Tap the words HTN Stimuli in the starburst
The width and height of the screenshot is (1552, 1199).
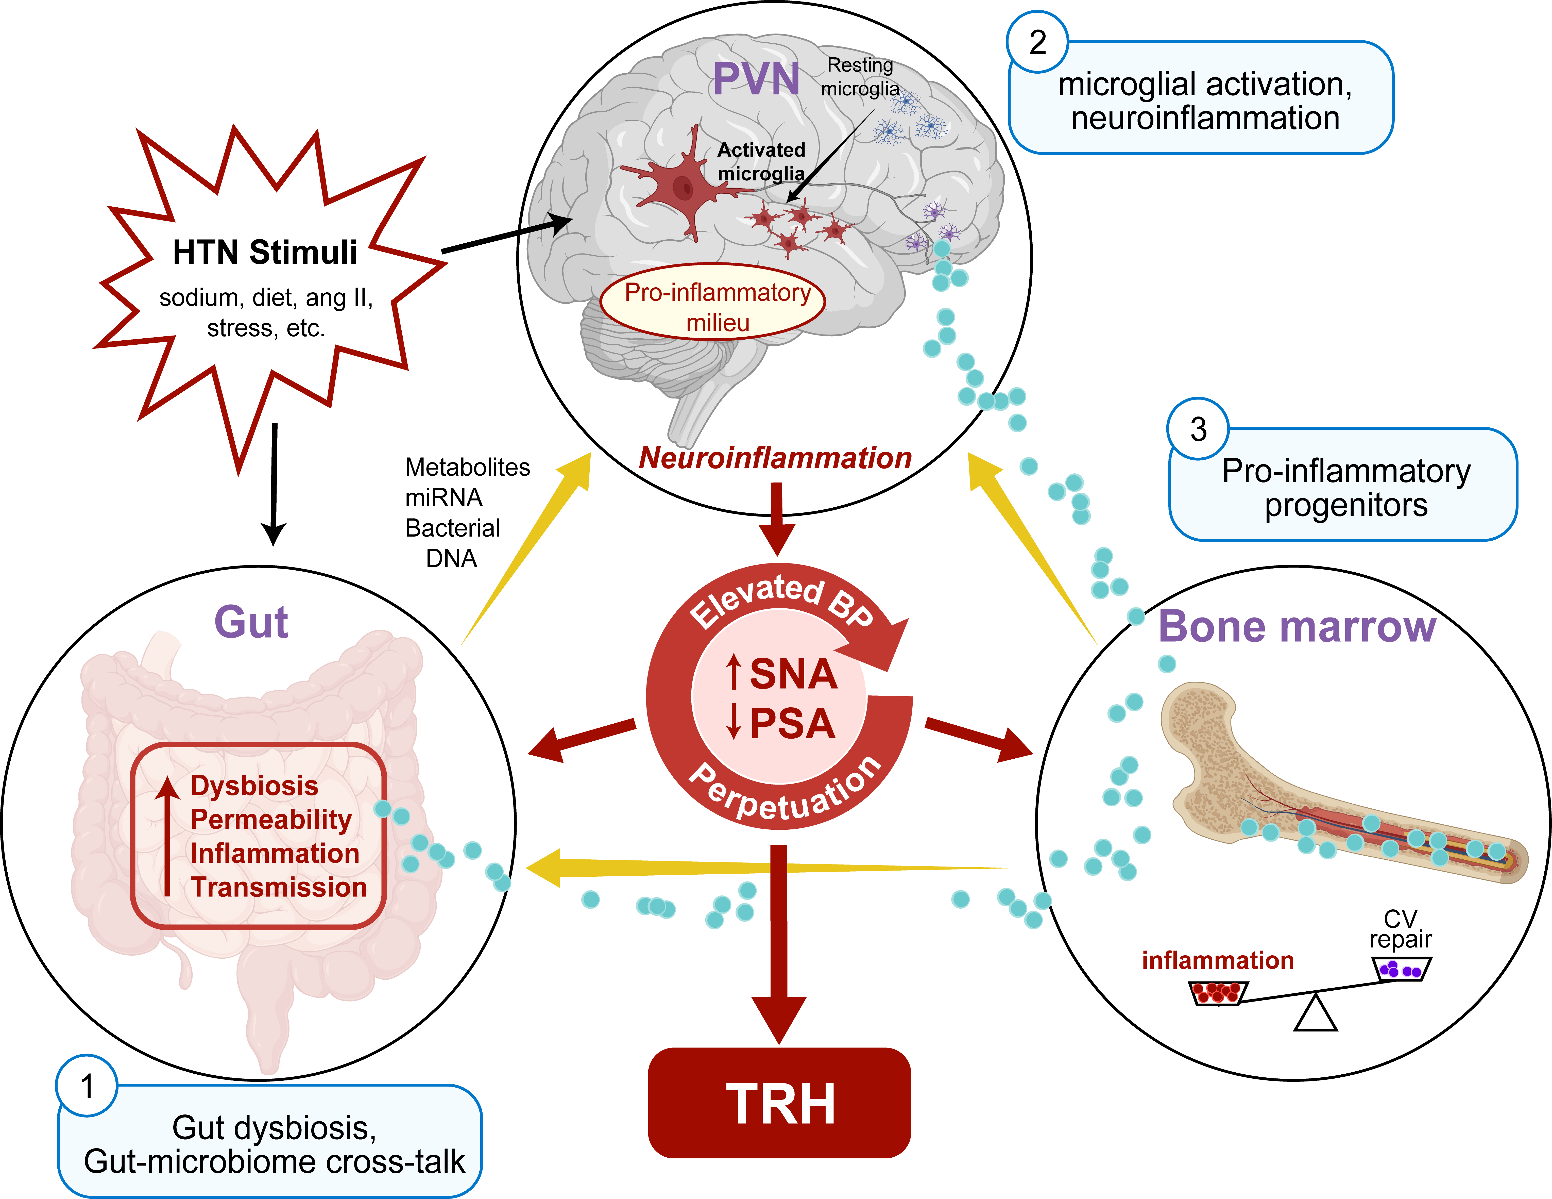click(265, 252)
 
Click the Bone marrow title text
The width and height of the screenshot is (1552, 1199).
click(1297, 627)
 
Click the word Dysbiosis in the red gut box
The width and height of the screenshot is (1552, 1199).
click(254, 785)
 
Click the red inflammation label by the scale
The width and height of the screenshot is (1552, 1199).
click(1217, 960)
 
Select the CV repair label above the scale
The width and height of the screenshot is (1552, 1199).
click(1400, 929)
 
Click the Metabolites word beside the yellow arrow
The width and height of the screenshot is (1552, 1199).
click(467, 467)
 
